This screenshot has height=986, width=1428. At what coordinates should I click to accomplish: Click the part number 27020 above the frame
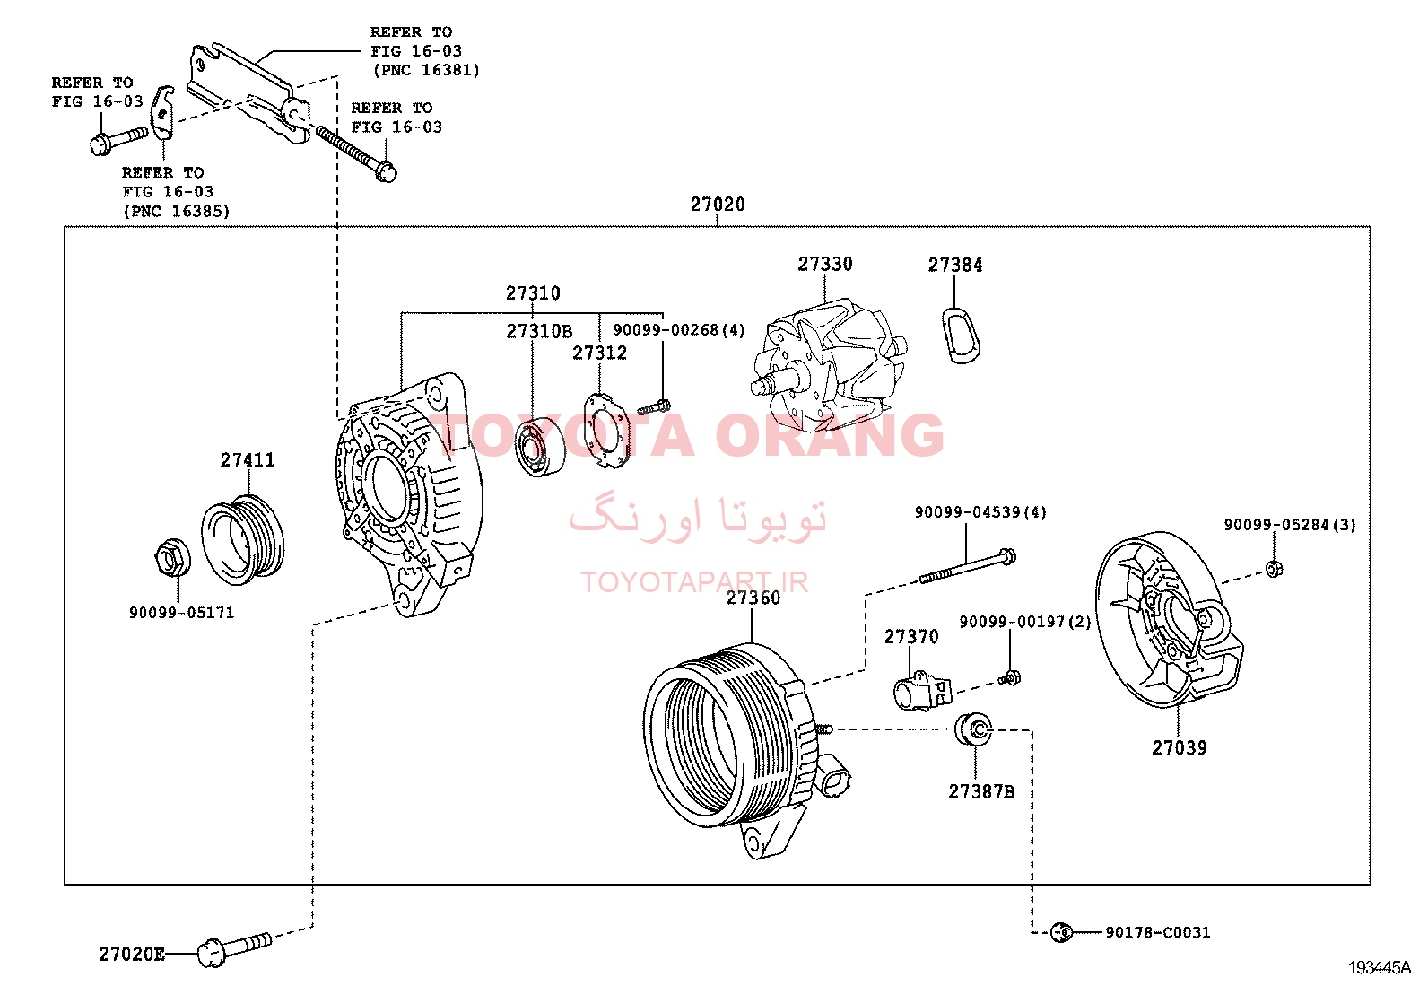[718, 204]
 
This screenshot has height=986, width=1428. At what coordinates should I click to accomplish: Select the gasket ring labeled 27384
[961, 336]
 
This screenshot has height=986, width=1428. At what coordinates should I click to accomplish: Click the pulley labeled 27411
[243, 540]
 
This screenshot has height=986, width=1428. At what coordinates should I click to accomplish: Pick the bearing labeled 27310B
[539, 444]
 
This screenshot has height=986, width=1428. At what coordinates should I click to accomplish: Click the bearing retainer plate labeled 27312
[605, 432]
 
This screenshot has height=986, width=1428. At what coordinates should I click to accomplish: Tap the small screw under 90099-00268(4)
[654, 407]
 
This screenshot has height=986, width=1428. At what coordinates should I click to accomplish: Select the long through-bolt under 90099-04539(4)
[967, 566]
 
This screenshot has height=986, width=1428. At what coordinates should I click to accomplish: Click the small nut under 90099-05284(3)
[1274, 568]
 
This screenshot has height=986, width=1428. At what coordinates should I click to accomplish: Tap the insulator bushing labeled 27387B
[973, 729]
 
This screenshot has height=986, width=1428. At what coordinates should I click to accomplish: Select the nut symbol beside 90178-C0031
[1061, 932]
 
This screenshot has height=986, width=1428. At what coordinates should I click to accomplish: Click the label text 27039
[1179, 747]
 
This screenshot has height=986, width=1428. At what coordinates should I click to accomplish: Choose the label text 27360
[753, 598]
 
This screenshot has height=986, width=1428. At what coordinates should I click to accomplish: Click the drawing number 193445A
[1379, 967]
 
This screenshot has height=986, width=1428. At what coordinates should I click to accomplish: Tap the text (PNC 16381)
[426, 70]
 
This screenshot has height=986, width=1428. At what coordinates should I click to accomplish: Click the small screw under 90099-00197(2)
[1010, 677]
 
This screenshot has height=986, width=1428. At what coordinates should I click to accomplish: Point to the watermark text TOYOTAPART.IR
[693, 581]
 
